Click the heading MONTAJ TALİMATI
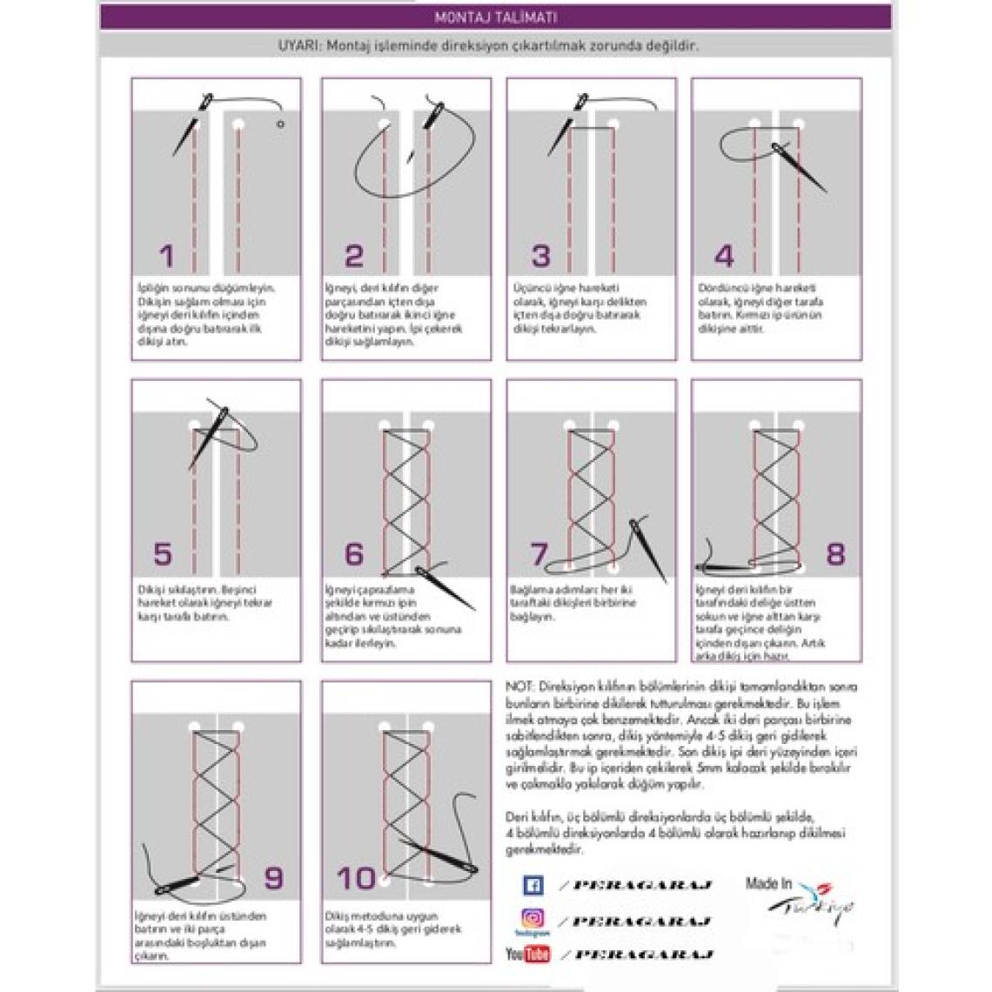click(x=495, y=17)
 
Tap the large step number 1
click(x=166, y=256)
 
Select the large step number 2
click(x=353, y=256)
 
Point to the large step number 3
click(x=541, y=256)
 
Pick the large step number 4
click(x=724, y=256)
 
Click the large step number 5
click(x=163, y=554)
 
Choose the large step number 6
click(x=354, y=554)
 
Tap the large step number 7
click(x=540, y=554)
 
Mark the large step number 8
click(x=835, y=554)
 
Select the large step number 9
click(x=273, y=877)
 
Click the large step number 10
click(x=357, y=877)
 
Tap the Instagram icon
click(x=532, y=919)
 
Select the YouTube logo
click(x=528, y=955)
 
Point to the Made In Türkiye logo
click(x=798, y=901)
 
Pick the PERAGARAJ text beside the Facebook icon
click(x=640, y=886)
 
